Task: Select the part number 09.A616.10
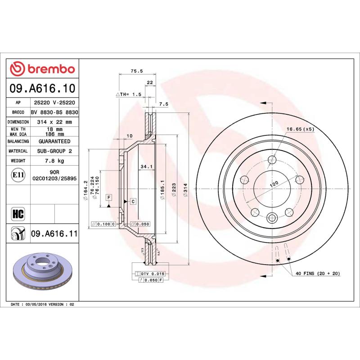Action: tap(42, 88)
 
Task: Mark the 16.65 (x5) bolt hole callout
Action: tap(300, 129)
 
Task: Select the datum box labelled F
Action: tap(108, 197)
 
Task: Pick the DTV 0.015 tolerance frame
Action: tap(150, 274)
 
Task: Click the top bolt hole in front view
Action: tap(272, 160)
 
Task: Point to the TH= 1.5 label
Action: tap(129, 94)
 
